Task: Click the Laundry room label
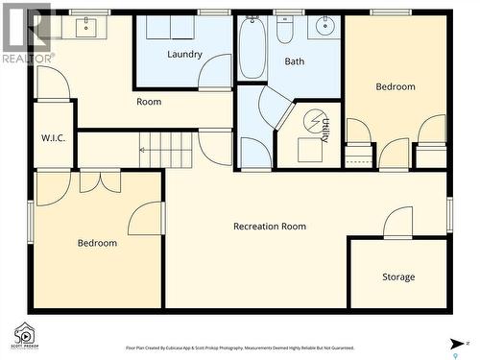pyautogui.click(x=184, y=54)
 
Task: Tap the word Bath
pyautogui.click(x=295, y=61)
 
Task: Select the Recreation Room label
pyautogui.click(x=270, y=227)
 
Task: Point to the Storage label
pyautogui.click(x=398, y=277)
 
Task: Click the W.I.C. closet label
pyautogui.click(x=53, y=137)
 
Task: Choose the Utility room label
pyautogui.click(x=325, y=131)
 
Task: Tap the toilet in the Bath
pyautogui.click(x=286, y=31)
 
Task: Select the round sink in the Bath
pyautogui.click(x=324, y=26)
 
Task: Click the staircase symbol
pyautogui.click(x=166, y=149)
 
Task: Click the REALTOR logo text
pyautogui.click(x=27, y=59)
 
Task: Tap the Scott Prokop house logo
pyautogui.click(x=23, y=334)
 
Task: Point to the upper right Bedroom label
pyautogui.click(x=396, y=87)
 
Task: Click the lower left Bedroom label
pyautogui.click(x=97, y=243)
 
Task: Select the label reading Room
pyautogui.click(x=149, y=102)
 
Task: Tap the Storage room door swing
pyautogui.click(x=398, y=223)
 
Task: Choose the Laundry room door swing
pyautogui.click(x=215, y=71)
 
